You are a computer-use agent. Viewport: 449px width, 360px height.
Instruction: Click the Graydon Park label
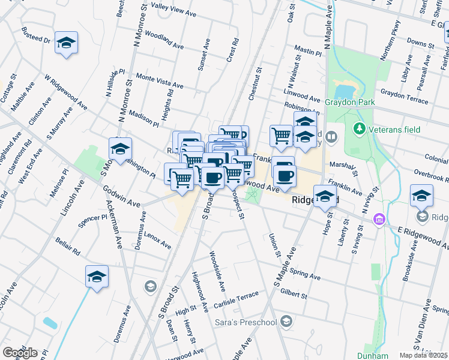tap(350, 103)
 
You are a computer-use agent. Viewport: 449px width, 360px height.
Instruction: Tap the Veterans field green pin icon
tap(360, 128)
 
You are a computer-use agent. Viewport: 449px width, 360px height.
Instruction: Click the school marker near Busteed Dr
tap(66, 43)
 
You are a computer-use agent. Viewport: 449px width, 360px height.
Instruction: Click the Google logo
tap(20, 353)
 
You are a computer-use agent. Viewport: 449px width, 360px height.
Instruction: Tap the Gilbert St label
tap(293, 295)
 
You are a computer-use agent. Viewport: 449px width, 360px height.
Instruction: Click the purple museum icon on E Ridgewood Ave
tap(378, 220)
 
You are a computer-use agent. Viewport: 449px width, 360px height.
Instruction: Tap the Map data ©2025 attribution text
tap(424, 355)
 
